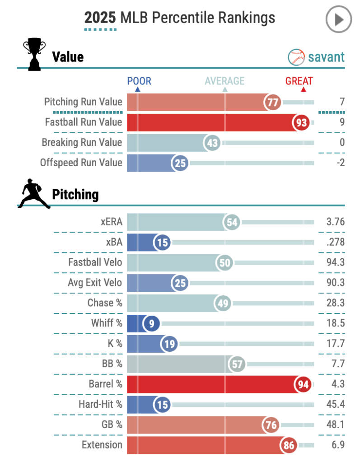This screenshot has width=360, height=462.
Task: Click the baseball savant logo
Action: click(316, 57)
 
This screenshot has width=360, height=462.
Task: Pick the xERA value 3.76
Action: click(335, 222)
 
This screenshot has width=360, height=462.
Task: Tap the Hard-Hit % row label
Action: click(100, 404)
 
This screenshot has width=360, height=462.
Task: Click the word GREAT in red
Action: click(299, 81)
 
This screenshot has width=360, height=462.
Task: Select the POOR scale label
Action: click(139, 81)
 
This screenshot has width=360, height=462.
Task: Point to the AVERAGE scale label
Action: click(224, 81)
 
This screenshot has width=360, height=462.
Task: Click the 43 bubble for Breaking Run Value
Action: click(212, 143)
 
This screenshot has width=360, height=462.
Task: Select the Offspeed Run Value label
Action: click(81, 163)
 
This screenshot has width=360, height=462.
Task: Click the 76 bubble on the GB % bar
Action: click(272, 425)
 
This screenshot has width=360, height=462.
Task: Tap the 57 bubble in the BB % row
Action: click(237, 364)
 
